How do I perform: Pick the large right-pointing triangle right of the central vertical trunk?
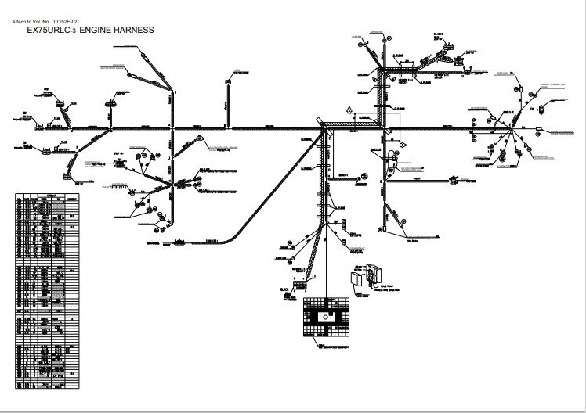(x=403, y=145)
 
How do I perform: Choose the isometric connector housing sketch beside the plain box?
(x=374, y=275)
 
